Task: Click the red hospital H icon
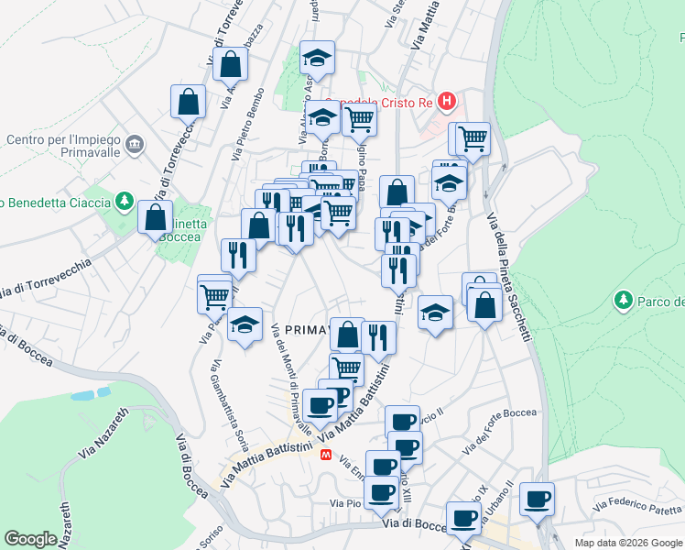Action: point(446,101)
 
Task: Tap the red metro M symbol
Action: point(324,454)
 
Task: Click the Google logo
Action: point(30,539)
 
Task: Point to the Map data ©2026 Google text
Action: point(627,543)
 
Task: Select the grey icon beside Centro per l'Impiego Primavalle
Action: point(136,144)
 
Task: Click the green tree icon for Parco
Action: point(623,300)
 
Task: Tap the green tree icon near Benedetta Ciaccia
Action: point(123,201)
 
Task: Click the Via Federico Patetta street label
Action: point(637,505)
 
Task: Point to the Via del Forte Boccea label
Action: point(500,430)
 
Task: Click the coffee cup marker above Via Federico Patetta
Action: point(538,499)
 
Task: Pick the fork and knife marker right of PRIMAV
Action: point(378,336)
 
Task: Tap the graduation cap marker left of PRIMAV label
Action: point(245,324)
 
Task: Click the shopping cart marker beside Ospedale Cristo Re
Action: point(360,117)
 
